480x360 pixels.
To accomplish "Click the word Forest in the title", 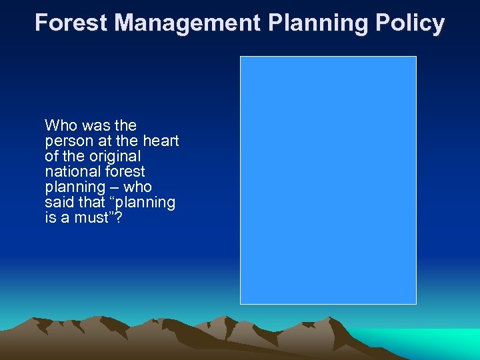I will (71, 23).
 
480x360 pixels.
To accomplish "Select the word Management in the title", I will (187, 23).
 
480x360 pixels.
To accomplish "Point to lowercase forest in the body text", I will (123, 172).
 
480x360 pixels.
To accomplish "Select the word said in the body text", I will (57, 203).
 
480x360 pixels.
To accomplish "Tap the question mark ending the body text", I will (118, 218).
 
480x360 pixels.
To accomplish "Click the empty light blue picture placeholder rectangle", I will (328, 180).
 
